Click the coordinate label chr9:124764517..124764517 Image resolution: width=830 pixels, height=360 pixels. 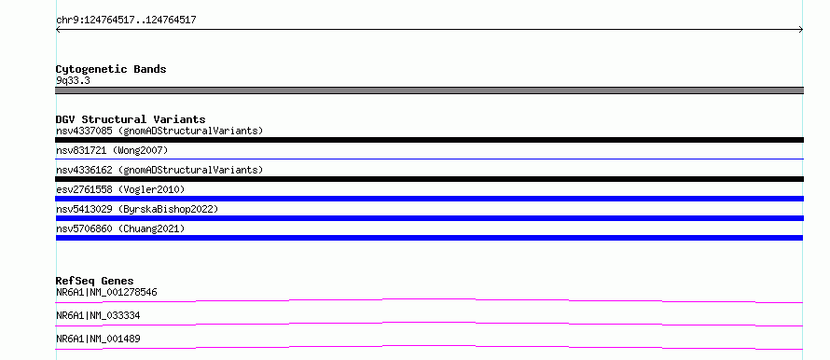126,21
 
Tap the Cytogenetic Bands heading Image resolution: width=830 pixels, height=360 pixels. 111,69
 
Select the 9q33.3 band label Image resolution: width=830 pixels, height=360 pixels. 73,81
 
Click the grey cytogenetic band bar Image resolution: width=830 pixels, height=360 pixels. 429,90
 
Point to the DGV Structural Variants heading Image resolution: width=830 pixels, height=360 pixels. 131,119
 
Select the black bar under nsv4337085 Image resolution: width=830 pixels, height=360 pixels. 429,140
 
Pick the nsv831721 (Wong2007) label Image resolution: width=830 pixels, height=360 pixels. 112,151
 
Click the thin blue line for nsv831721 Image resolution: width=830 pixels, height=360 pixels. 429,159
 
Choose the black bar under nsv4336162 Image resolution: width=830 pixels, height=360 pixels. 429,179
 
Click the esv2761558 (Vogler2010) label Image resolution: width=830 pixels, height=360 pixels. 120,189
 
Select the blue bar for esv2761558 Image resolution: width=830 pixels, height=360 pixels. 429,199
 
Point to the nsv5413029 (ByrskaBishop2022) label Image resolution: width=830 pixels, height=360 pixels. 137,209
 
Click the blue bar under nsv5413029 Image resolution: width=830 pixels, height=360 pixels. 429,218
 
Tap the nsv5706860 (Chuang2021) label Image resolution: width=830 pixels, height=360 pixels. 120,228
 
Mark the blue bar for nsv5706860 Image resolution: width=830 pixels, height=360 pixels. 429,238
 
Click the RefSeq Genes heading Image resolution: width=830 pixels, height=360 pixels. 95,281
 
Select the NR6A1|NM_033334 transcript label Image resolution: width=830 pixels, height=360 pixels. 98,316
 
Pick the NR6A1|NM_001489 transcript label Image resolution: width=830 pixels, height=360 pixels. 98,339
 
